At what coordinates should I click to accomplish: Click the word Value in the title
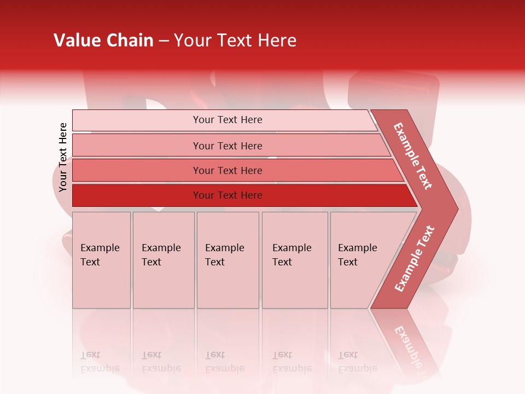tap(75, 40)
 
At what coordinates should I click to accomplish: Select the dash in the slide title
tap(164, 41)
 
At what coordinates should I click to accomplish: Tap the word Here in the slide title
tap(277, 40)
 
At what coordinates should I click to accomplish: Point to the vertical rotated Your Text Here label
tap(63, 158)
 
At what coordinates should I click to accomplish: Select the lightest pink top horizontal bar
tap(224, 120)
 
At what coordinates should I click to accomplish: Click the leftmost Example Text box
tap(101, 259)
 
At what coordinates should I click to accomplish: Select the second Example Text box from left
tap(163, 259)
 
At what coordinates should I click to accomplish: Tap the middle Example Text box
tap(227, 259)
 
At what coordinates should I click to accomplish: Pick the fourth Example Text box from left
tap(294, 259)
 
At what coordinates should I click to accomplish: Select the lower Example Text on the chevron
tap(415, 258)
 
